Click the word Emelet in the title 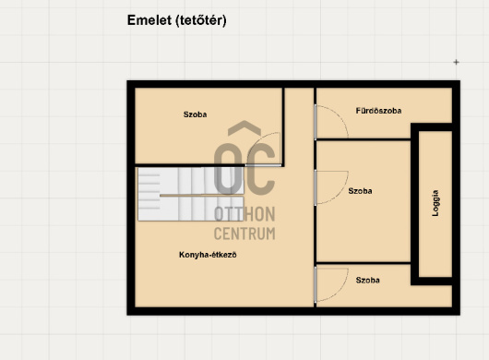149,20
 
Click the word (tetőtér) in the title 201,21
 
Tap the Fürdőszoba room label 378,111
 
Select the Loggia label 435,203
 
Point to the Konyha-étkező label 208,255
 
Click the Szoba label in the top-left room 195,114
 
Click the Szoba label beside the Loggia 360,191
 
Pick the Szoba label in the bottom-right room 368,280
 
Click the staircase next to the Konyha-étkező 191,194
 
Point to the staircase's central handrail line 201,196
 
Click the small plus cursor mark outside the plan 457,62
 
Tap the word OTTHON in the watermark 244,214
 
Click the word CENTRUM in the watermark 244,234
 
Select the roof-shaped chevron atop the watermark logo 244,128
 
